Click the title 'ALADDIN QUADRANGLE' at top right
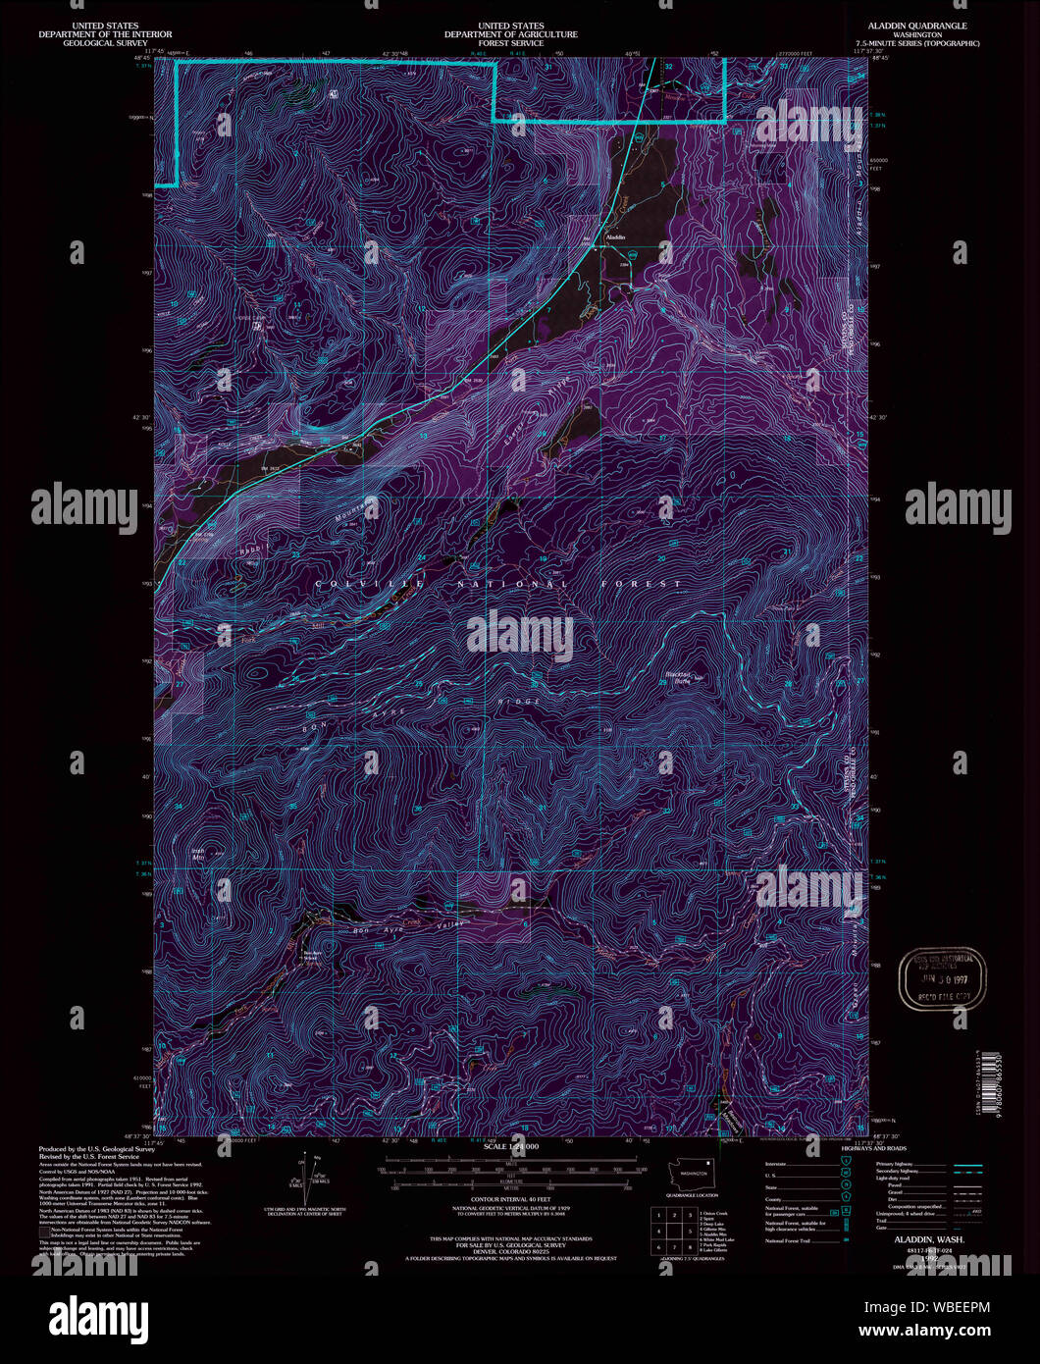tap(910, 26)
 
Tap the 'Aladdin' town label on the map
tap(615, 238)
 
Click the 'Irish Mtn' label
tap(197, 853)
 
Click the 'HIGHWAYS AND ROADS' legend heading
tap(874, 1148)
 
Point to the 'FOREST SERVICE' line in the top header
tap(510, 43)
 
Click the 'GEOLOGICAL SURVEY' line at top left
tap(102, 43)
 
